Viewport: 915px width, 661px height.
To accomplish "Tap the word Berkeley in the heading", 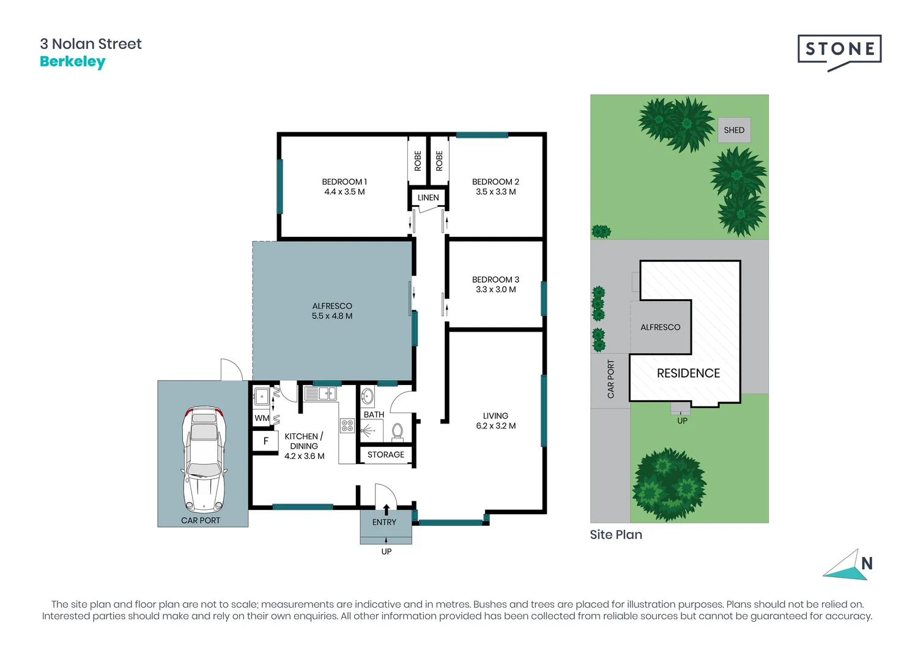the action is [x=73, y=62].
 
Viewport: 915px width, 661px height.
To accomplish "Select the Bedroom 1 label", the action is [x=344, y=182].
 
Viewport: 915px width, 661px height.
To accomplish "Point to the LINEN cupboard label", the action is [x=428, y=198].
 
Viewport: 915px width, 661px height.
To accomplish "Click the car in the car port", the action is [x=204, y=459].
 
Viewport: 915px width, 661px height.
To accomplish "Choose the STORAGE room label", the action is [x=385, y=455].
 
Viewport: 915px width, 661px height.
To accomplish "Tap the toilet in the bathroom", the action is [x=397, y=432].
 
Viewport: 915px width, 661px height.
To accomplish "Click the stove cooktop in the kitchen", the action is [x=347, y=425].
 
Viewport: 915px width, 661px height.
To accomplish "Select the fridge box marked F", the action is [x=265, y=441].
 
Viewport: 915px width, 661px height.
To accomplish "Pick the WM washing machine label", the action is [x=262, y=418].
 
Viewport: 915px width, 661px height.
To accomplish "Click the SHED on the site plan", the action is [x=734, y=130].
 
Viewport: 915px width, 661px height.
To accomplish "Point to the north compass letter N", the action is [x=867, y=564].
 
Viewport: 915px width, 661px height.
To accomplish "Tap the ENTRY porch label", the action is [x=384, y=522].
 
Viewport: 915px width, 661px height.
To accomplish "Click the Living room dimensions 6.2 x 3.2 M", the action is [x=495, y=426].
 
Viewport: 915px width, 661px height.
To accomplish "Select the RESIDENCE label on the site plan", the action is [x=688, y=373].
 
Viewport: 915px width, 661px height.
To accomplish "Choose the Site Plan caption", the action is [x=616, y=535].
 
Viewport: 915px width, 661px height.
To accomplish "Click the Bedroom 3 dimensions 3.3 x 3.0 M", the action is [x=495, y=289].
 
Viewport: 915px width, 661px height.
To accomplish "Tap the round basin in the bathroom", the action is [x=367, y=396].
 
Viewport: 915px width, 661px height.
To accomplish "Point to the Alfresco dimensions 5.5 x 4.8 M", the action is [x=332, y=316].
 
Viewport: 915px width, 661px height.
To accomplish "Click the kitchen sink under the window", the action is [x=320, y=394].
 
